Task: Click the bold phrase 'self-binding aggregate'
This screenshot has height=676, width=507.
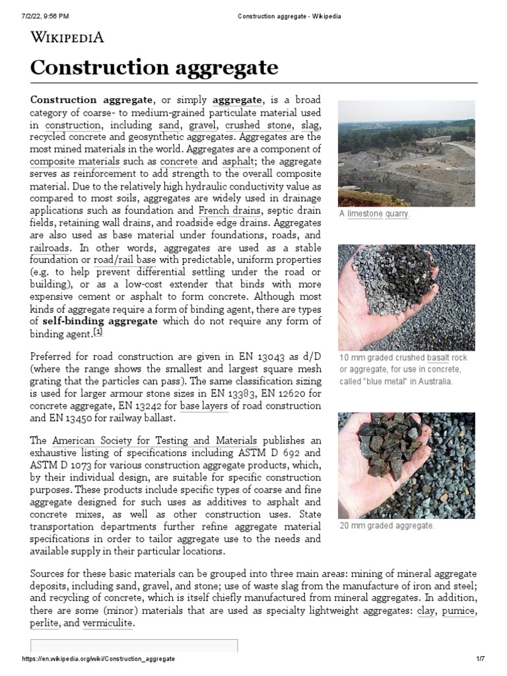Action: tap(100, 321)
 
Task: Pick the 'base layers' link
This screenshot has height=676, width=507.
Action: tap(204, 405)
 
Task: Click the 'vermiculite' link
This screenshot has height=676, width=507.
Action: tap(107, 623)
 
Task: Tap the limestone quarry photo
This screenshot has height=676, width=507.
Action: tap(406, 153)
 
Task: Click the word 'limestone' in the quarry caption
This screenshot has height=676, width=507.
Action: tap(365, 214)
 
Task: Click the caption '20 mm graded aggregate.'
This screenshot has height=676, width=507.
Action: tap(387, 525)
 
